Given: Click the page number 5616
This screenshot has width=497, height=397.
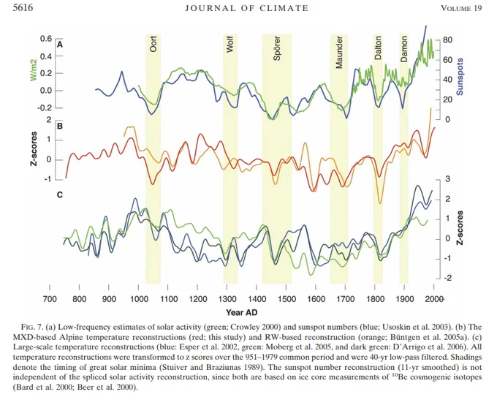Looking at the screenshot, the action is coord(23,7).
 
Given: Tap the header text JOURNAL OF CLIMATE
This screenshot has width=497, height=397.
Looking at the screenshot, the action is coord(246,8).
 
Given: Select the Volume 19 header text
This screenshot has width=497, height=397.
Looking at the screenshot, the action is coord(461,8).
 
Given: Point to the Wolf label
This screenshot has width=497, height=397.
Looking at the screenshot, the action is coord(230,44).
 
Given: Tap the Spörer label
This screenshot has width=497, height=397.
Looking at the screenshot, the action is coord(277,48).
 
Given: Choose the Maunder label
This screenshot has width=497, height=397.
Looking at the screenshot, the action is coord(339,52).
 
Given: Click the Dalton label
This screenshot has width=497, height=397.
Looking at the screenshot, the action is coord(378,48).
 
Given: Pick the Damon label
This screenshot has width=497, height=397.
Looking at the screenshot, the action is coord(403,48).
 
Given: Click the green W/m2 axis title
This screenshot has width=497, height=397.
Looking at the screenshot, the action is coord(34,69).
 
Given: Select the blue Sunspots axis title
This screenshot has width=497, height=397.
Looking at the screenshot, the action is coord(459,77).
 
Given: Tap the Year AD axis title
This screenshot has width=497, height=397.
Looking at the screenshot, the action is coord(241,313).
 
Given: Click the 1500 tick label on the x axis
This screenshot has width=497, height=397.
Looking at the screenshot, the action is coord(287,299).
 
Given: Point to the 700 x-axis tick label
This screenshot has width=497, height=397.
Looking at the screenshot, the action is coord(50,299).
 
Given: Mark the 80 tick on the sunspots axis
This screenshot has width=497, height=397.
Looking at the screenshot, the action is coord(447,40).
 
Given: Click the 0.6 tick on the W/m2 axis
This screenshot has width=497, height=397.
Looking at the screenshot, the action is coord(45,39).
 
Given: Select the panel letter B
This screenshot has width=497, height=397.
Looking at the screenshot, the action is coord(60,126).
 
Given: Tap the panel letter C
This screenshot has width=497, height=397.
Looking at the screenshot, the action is coord(60,194).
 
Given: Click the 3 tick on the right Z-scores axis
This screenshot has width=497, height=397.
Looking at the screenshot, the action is coord(447,179).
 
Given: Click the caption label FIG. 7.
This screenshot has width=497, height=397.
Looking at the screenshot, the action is coord(31,327).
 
